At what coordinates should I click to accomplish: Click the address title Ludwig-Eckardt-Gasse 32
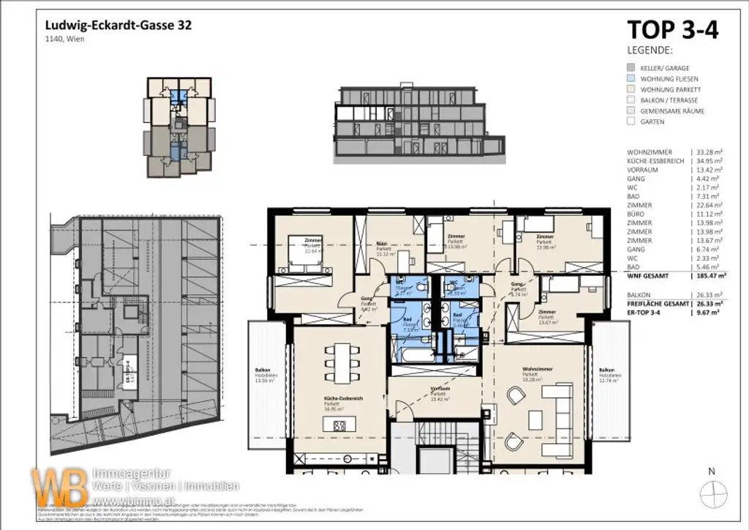point(120,24)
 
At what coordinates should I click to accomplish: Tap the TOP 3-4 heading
point(673,30)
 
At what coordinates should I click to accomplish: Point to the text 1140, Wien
point(65,40)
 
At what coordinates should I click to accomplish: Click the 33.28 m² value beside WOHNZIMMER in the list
point(709,152)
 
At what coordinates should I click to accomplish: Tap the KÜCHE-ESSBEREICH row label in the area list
point(650,161)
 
